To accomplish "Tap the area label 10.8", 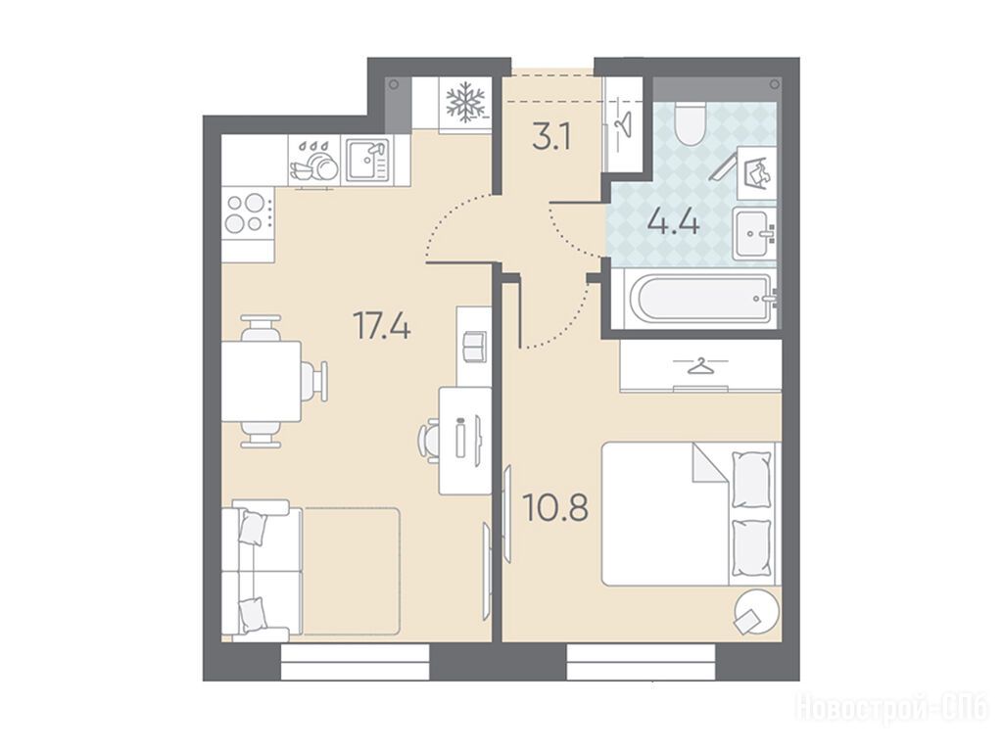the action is tap(555, 507).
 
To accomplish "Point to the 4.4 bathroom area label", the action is tap(673, 222).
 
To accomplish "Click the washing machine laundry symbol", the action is tap(757, 172).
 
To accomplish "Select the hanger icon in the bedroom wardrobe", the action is tap(700, 366).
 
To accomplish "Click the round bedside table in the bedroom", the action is tap(757, 611).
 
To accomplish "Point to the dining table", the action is tap(261, 382).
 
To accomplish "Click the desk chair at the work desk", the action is tap(429, 439).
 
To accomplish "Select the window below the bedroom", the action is tap(641, 661).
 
